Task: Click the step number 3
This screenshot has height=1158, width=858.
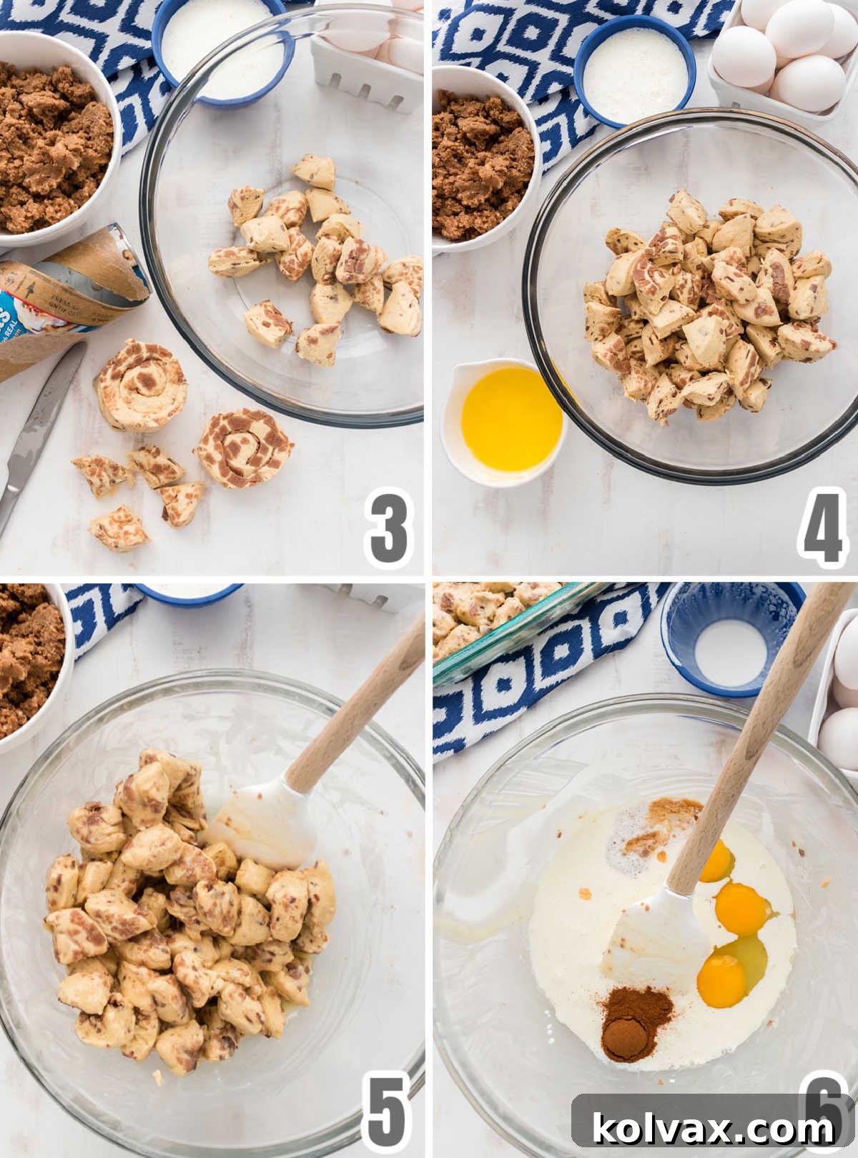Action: tap(388, 530)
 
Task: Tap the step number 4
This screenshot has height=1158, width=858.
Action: tap(822, 530)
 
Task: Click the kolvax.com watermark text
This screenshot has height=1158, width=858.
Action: tap(713, 1129)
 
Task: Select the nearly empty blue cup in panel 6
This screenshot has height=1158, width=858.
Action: tap(729, 636)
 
